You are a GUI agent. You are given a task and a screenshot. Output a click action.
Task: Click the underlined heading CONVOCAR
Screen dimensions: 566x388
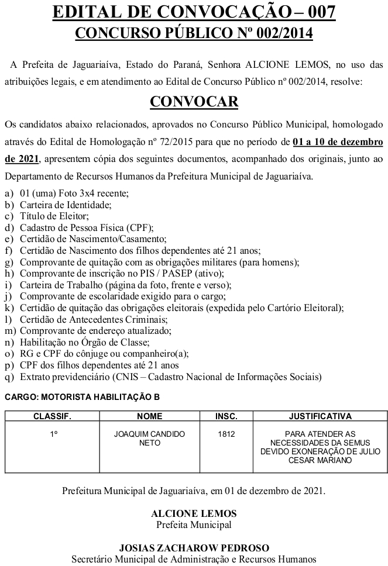pos(194,102)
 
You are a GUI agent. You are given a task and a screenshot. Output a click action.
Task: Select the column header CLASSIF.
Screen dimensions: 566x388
pos(52,416)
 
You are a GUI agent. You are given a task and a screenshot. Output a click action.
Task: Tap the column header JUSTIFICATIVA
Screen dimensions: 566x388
pos(320,416)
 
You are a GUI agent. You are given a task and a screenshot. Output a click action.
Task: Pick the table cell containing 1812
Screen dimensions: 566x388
pos(226,434)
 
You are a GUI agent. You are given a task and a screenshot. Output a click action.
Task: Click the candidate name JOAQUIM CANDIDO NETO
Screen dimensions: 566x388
pos(149,439)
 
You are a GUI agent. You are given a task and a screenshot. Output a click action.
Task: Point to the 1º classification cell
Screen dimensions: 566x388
pos(52,434)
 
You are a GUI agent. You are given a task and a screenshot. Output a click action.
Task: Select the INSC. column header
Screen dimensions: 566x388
pos(226,416)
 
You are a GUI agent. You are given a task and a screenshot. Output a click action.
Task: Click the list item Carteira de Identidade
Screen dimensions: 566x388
pos(64,205)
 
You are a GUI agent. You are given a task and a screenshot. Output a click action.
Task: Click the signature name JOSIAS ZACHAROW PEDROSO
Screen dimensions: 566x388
pos(194,548)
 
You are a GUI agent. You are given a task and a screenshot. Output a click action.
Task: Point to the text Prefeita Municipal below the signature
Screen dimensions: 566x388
pos(194,524)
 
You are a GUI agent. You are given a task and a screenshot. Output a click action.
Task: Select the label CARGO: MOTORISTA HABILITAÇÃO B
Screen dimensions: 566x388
pos(82,397)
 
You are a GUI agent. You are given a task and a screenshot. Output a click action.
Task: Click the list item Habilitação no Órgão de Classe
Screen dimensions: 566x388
pos(85,342)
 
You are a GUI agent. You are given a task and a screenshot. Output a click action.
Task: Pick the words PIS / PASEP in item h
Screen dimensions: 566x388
pos(165,273)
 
